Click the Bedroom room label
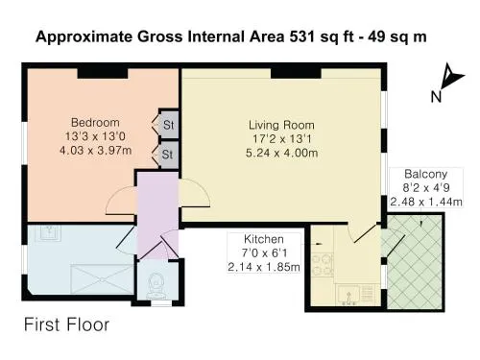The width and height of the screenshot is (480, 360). tap(95, 123)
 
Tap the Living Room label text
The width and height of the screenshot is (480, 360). tap(281, 125)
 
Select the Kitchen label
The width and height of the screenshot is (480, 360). tap(264, 239)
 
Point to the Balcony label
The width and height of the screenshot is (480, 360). tap(425, 174)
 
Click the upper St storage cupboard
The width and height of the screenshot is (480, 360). tap(169, 125)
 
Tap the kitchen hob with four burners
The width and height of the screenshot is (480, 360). tap(323, 265)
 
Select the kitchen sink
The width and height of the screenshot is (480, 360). tap(348, 295)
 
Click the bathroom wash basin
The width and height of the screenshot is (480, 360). tap(50, 232)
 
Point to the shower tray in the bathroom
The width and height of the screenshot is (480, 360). tap(102, 279)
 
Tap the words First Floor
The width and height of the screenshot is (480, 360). tap(66, 324)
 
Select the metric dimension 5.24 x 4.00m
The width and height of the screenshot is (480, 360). tap(281, 153)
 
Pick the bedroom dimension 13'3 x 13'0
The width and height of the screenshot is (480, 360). tap(95, 136)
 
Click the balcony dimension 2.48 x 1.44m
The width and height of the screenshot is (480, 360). tap(426, 202)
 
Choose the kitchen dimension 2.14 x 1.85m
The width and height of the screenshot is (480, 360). tap(264, 267)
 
